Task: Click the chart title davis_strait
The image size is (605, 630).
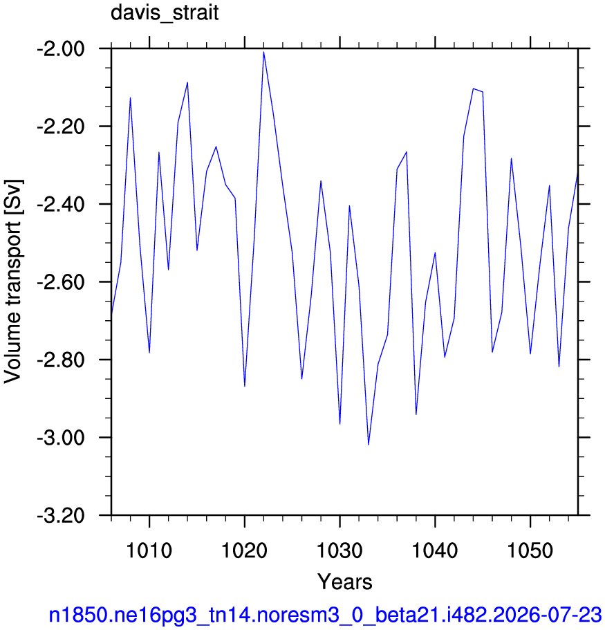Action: pyautogui.click(x=165, y=12)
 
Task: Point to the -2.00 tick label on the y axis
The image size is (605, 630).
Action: pyautogui.click(x=61, y=50)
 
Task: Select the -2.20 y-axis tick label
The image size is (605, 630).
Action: pyautogui.click(x=61, y=127)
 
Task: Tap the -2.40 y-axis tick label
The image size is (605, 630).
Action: pyautogui.click(x=61, y=205)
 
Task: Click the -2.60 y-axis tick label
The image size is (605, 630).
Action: pyautogui.click(x=61, y=283)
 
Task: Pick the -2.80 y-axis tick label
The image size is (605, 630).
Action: pyautogui.click(x=61, y=361)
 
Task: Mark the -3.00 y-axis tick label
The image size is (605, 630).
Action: pyautogui.click(x=61, y=438)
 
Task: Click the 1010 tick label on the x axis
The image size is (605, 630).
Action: pyautogui.click(x=149, y=550)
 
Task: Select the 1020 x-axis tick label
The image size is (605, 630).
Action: pyautogui.click(x=244, y=550)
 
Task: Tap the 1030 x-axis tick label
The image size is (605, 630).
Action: pyautogui.click(x=340, y=550)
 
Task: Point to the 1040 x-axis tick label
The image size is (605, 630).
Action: pyautogui.click(x=435, y=550)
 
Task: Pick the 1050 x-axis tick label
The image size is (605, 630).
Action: pyautogui.click(x=530, y=550)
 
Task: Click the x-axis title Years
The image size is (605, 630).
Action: pyautogui.click(x=345, y=582)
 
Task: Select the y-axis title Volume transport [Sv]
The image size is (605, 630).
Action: pyautogui.click(x=13, y=281)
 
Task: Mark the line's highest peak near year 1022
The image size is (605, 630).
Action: pyautogui.click(x=263, y=52)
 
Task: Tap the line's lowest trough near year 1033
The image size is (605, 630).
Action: pyautogui.click(x=369, y=445)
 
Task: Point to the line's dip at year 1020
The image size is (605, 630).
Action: pyautogui.click(x=245, y=387)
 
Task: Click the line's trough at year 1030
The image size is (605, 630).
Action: pyautogui.click(x=340, y=424)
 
